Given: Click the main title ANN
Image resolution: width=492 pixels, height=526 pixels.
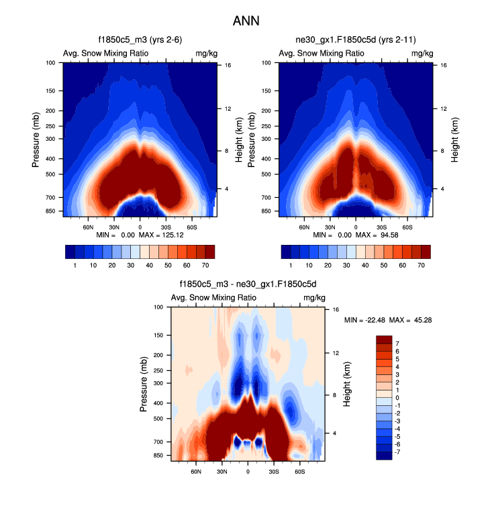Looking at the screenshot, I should (x=246, y=21).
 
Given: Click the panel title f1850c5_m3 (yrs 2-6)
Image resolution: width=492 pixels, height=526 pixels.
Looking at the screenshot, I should (x=140, y=40).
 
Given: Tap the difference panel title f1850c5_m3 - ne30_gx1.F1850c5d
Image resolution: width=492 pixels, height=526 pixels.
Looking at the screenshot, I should (x=248, y=284).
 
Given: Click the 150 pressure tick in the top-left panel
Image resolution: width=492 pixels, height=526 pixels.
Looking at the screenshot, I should (x=52, y=91).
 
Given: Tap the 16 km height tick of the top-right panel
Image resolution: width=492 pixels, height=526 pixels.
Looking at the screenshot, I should (x=444, y=65).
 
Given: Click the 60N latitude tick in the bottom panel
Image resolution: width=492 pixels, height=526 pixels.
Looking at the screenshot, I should (x=196, y=472).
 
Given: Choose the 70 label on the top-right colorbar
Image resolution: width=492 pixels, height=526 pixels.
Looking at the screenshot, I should (x=421, y=266).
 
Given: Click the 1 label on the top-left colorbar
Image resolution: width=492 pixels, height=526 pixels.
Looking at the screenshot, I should (x=75, y=266).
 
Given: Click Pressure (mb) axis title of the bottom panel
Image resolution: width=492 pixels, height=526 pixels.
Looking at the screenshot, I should (x=144, y=384).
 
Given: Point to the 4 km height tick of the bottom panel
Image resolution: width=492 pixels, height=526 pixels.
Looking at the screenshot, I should (x=336, y=433).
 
